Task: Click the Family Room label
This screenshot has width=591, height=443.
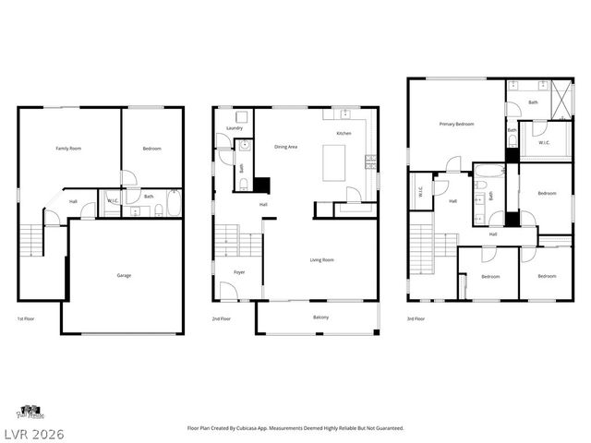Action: click(x=69, y=148)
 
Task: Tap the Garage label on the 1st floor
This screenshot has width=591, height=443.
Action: click(x=123, y=275)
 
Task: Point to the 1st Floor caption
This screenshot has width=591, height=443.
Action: click(x=26, y=318)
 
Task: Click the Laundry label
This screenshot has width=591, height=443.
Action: click(x=235, y=128)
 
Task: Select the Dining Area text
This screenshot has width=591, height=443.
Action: click(x=285, y=147)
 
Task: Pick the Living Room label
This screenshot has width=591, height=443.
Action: click(x=321, y=260)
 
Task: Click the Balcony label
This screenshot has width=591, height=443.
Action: click(x=320, y=317)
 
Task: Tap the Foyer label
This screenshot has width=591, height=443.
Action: click(x=238, y=272)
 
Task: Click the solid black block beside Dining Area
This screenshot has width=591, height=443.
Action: click(x=262, y=184)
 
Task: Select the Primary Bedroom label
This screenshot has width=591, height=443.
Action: click(x=456, y=124)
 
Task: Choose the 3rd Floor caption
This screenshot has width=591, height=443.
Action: click(x=416, y=318)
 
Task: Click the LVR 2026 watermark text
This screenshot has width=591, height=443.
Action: click(x=33, y=432)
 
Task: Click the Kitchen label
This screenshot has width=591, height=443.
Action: click(x=344, y=134)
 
